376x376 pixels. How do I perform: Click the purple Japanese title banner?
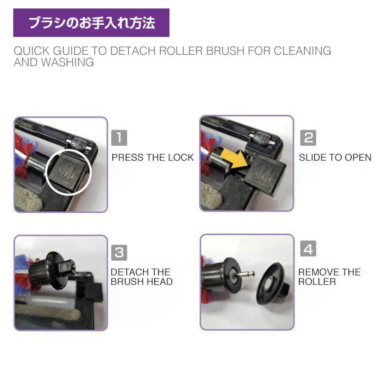click(91, 23)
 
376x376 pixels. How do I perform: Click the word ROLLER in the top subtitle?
click(181, 51)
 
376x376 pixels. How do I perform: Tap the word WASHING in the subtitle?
click(68, 62)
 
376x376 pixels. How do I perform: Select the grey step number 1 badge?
click(119, 138)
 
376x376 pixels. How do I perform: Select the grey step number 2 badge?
click(308, 138)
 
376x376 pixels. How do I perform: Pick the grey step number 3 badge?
click(119, 253)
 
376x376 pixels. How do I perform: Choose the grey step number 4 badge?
click(308, 248)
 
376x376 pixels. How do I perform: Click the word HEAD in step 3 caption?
click(162, 282)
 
